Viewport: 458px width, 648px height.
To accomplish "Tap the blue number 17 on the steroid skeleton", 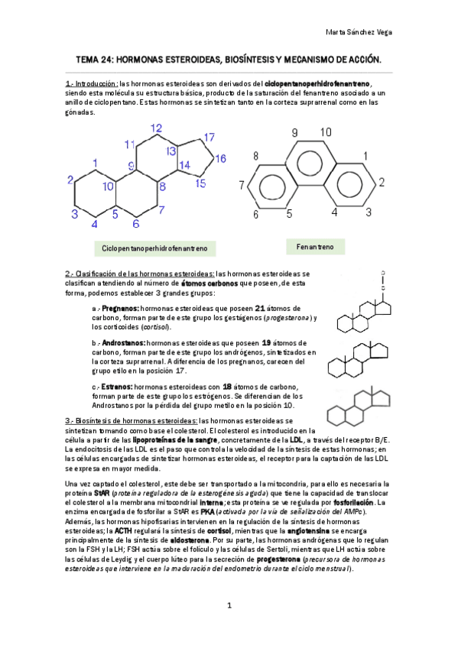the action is point(208,138).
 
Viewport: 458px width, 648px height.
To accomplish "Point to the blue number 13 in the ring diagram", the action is point(171,151).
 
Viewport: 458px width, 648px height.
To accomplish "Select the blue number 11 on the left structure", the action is point(129,144).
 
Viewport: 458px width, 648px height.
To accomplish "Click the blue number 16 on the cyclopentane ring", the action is point(220,159).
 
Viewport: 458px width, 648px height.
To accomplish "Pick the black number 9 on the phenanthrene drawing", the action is point(295,132).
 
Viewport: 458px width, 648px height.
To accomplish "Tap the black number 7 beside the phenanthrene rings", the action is point(242,185).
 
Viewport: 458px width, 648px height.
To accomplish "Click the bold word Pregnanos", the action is point(121,308).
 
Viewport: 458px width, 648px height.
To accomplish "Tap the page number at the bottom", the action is point(229,607).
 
